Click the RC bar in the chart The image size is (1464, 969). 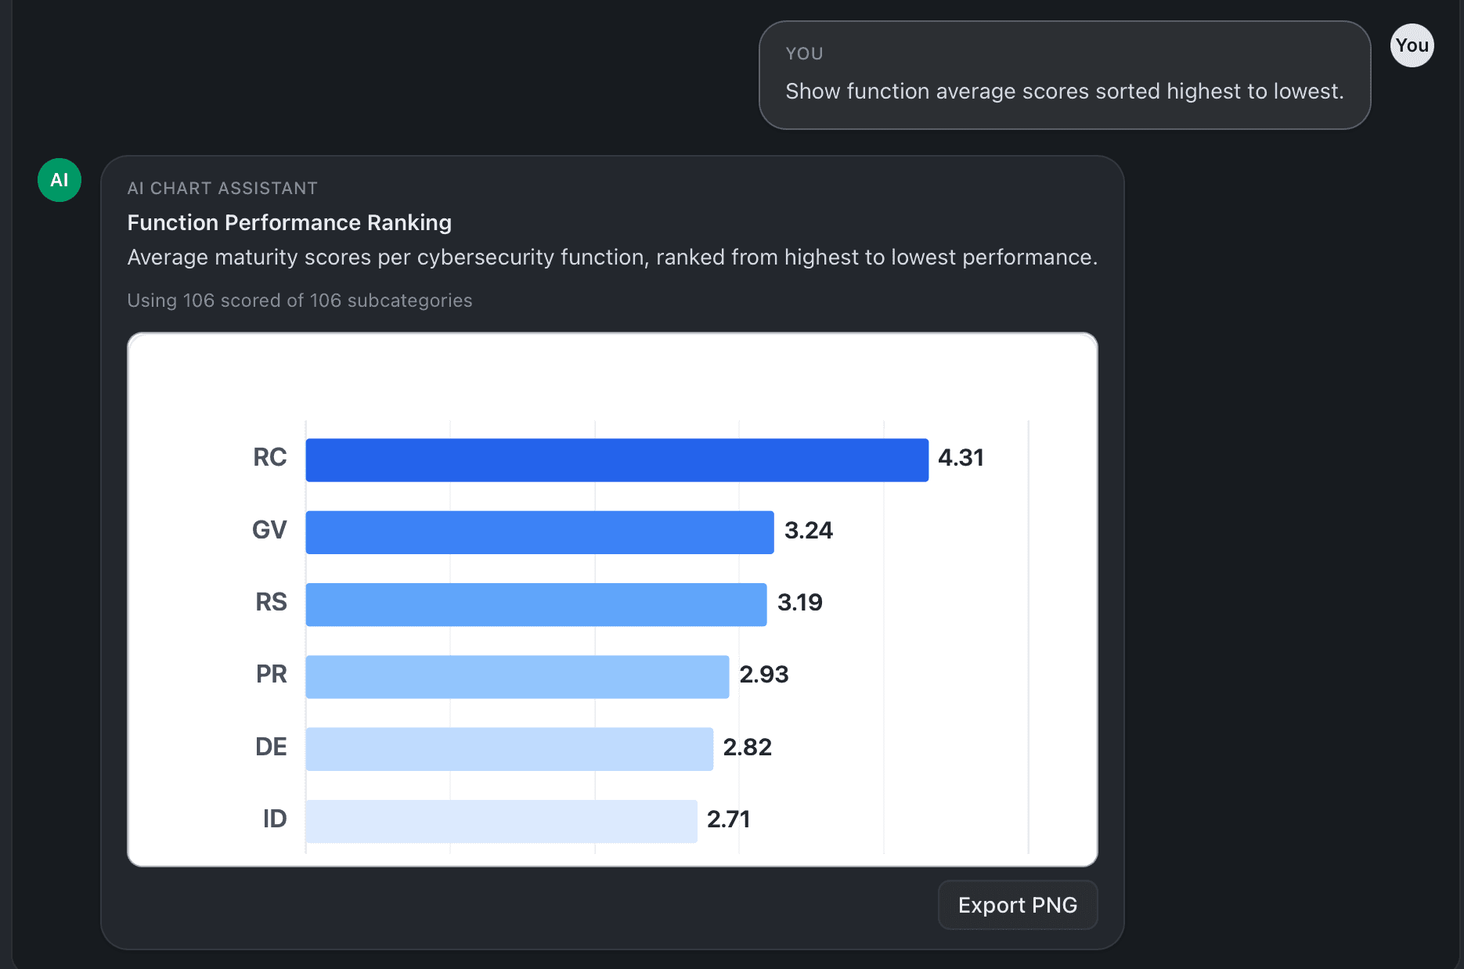(617, 460)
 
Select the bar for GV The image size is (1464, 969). (539, 532)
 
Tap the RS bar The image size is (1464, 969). (535, 604)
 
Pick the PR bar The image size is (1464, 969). (517, 676)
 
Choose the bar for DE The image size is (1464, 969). (509, 749)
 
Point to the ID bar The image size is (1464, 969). (501, 821)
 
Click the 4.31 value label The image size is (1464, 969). (961, 458)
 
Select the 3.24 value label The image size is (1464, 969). (808, 531)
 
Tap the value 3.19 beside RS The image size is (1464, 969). (799, 603)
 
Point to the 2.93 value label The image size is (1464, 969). (763, 675)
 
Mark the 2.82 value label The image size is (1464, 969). (747, 747)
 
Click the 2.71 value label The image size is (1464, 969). (728, 820)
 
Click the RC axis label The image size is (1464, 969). (269, 458)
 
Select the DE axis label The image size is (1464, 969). (271, 747)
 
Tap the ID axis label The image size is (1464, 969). (274, 820)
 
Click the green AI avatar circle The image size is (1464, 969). (59, 180)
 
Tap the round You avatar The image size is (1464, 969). (1412, 45)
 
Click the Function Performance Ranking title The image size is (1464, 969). (289, 223)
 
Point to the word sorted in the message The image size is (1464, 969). (1127, 92)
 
